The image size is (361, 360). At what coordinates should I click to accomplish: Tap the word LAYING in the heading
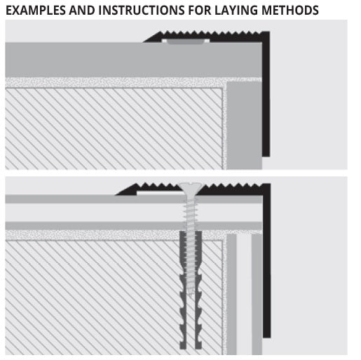click(x=236, y=11)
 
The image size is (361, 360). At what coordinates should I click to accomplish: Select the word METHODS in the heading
click(x=290, y=11)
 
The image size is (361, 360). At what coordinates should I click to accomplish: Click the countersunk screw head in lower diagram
click(x=191, y=188)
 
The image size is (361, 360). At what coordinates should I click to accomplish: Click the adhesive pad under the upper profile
click(x=186, y=41)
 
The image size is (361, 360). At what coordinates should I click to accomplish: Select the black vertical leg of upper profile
click(x=266, y=93)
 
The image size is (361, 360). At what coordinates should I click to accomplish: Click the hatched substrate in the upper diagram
click(x=114, y=128)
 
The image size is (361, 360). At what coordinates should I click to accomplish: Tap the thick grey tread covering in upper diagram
click(x=133, y=60)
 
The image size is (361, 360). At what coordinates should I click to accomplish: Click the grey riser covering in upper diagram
click(x=244, y=125)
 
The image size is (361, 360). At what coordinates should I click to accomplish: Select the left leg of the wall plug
click(x=183, y=290)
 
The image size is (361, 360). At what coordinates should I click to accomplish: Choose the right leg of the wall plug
click(x=198, y=290)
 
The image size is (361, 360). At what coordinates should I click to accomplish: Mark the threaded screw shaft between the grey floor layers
click(x=191, y=213)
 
